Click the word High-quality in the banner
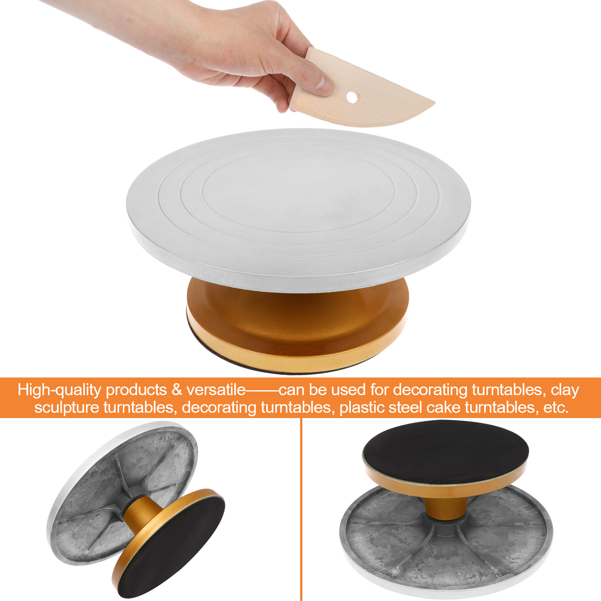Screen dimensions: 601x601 59,390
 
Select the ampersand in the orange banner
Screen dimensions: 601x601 177,390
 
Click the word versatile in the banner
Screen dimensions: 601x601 216,390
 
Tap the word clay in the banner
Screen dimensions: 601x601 565,390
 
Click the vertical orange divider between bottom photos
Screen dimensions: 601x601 301,509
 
